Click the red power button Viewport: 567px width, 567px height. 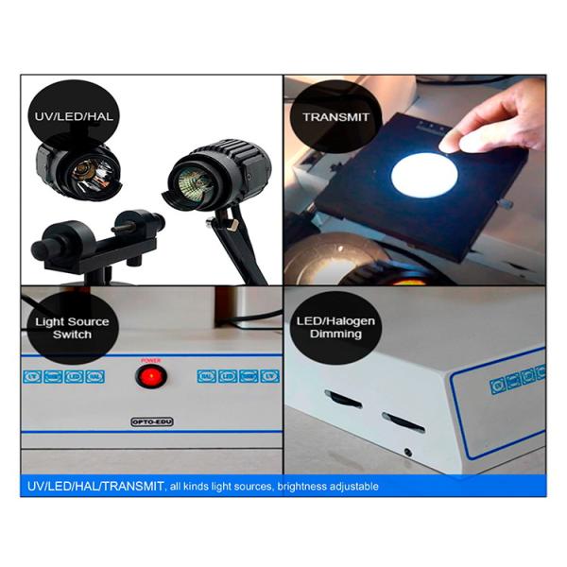[x=149, y=377]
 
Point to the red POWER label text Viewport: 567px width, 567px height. [x=149, y=360]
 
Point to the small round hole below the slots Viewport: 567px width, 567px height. [x=407, y=452]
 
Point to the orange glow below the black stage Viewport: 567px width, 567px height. [x=409, y=276]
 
